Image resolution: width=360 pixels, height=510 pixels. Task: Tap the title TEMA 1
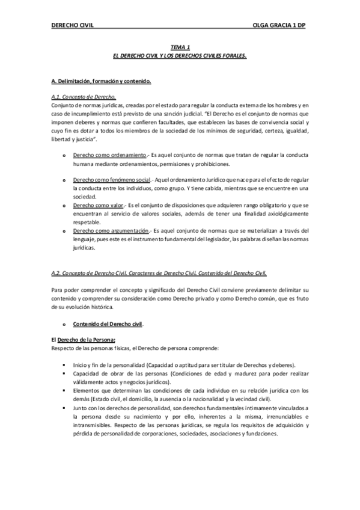(x=180, y=46)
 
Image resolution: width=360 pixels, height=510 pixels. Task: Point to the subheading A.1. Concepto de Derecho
(x=84, y=97)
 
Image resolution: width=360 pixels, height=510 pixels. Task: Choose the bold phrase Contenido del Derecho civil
(x=108, y=324)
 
